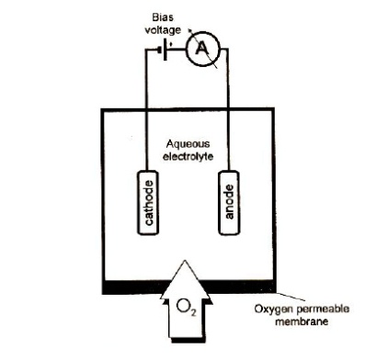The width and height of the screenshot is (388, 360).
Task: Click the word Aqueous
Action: [x=188, y=144]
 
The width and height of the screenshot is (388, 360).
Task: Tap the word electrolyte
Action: [x=188, y=156]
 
